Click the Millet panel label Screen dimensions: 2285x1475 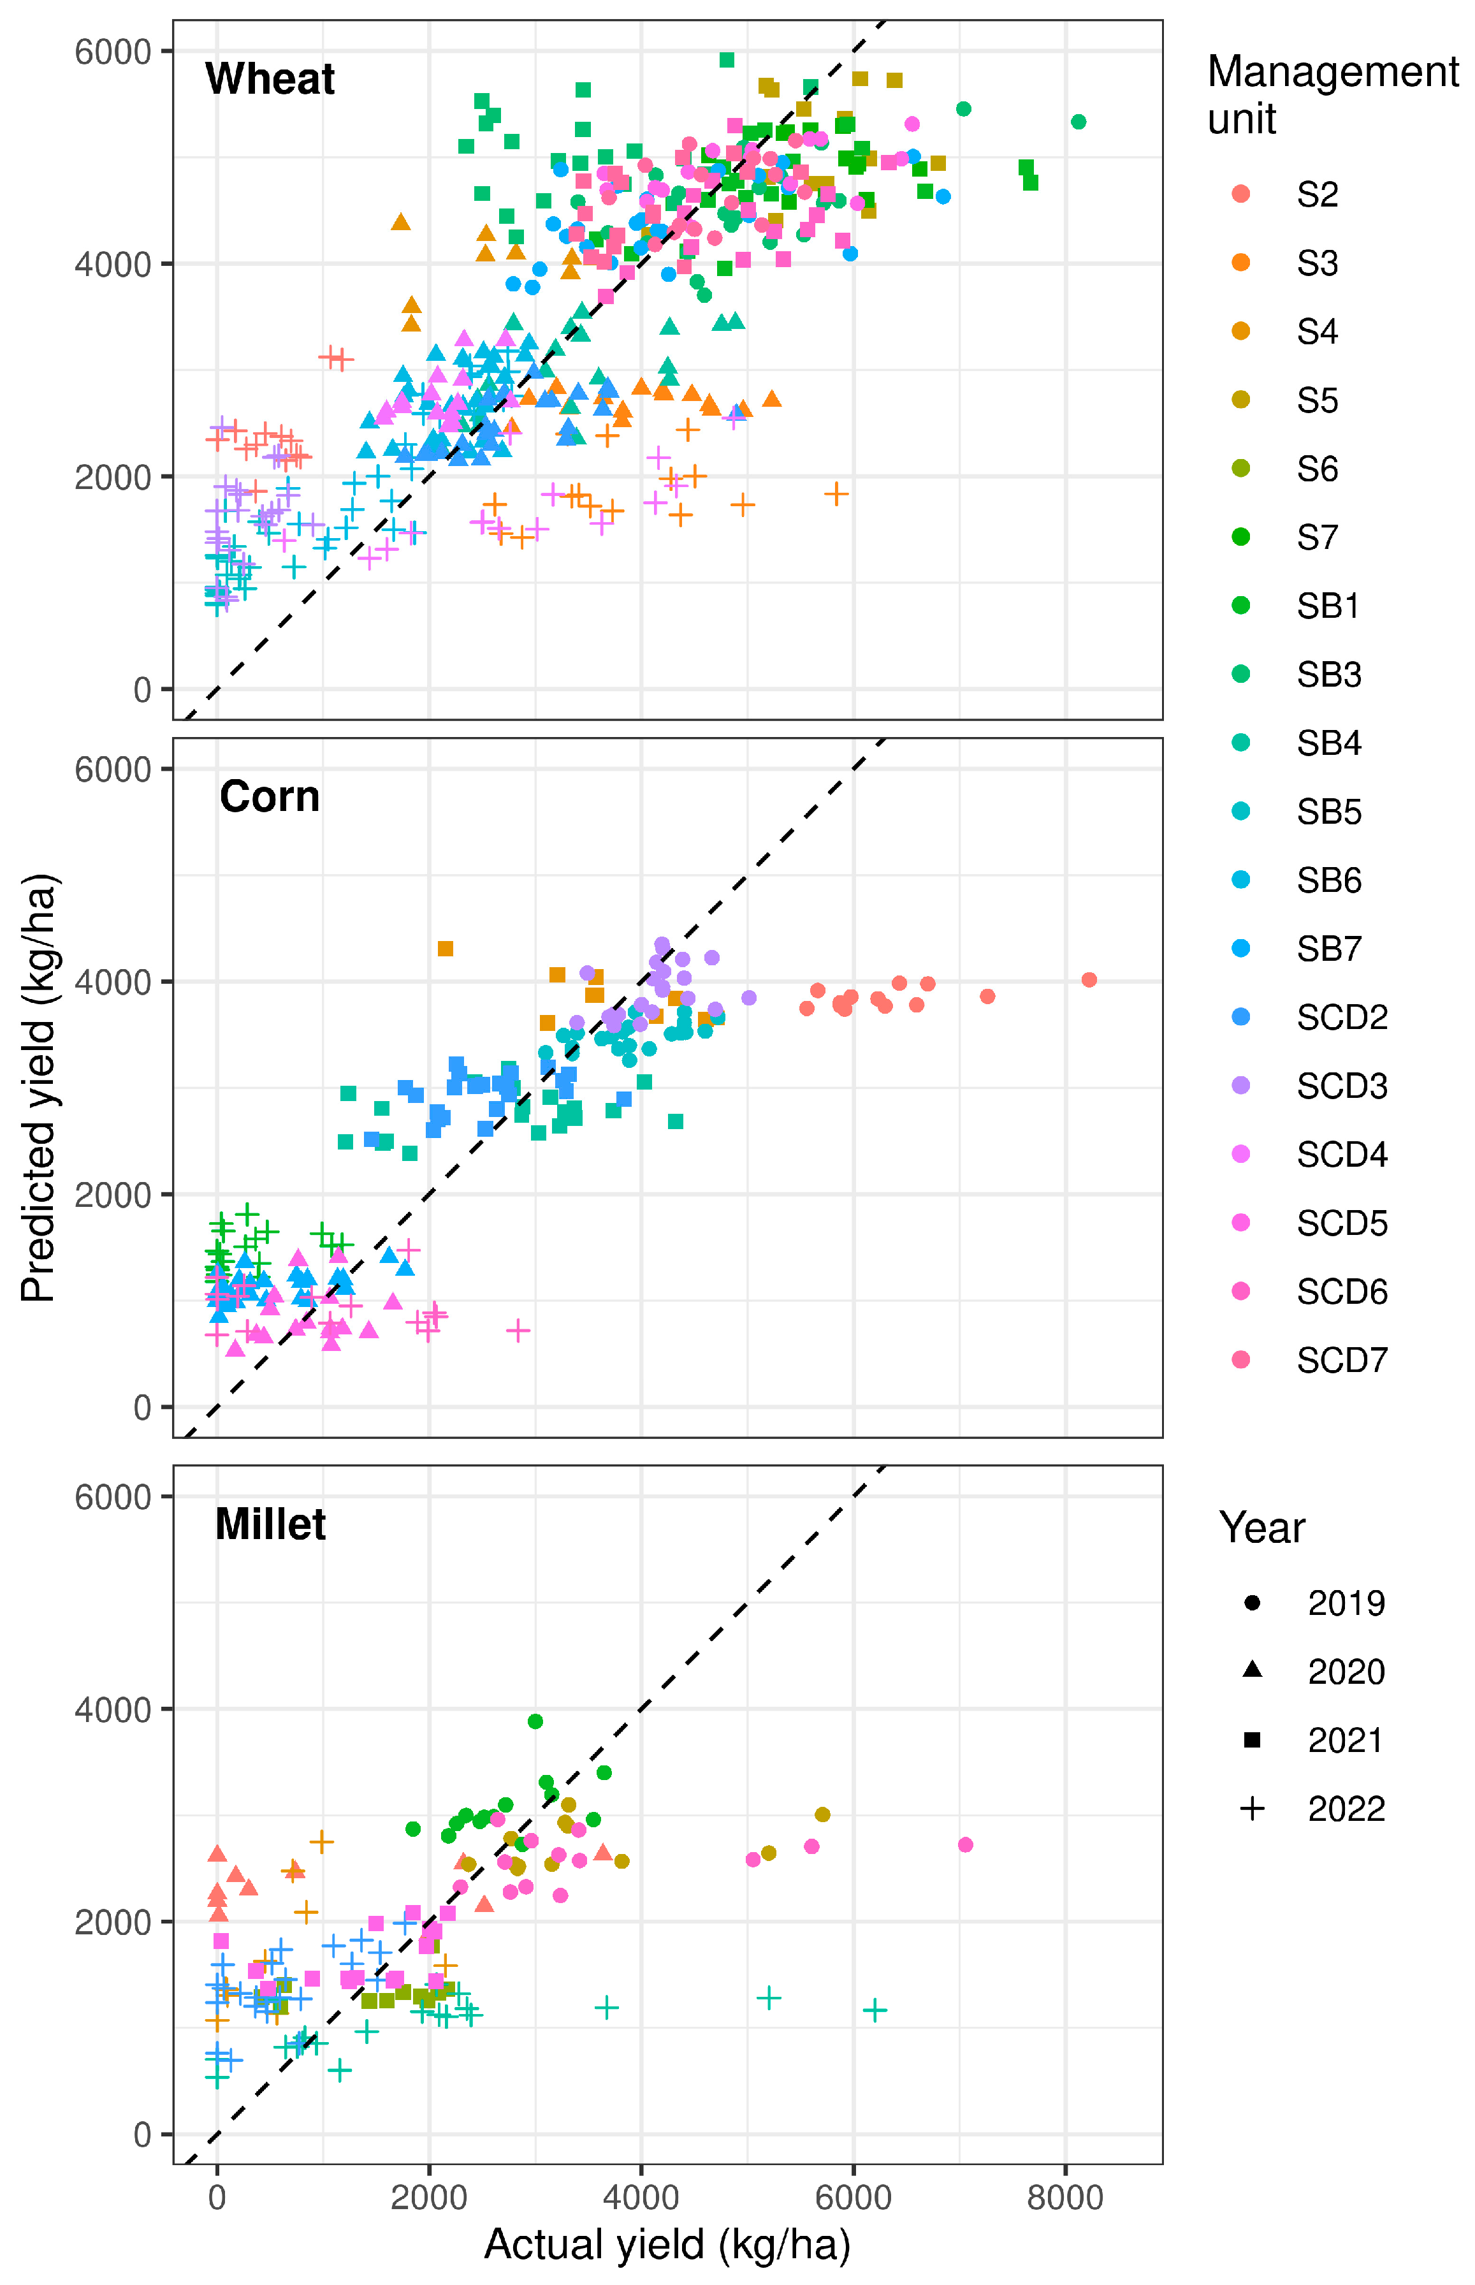(x=270, y=1523)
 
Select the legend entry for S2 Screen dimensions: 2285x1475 (x=1317, y=194)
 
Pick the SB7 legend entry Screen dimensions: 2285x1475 (x=1328, y=949)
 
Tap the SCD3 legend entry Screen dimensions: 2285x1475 (x=1341, y=1086)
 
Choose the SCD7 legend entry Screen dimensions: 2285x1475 (x=1341, y=1359)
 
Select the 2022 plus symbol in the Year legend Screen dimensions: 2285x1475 (x=1252, y=1808)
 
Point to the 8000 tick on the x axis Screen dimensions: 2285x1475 (x=1065, y=2197)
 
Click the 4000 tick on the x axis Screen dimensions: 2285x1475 (x=641, y=2197)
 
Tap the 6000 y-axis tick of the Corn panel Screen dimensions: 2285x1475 (x=113, y=770)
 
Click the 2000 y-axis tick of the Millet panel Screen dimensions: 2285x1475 (x=113, y=1922)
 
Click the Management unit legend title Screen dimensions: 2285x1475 (x=1332, y=95)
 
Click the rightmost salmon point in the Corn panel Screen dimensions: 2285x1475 (x=1089, y=979)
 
